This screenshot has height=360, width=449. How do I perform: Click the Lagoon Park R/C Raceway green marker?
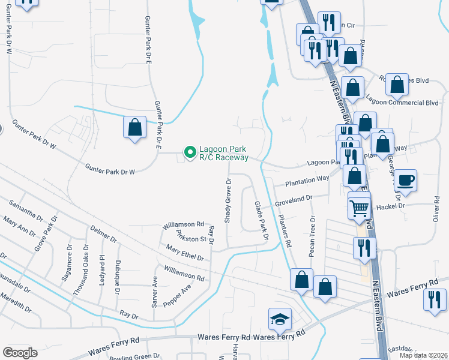[190, 153]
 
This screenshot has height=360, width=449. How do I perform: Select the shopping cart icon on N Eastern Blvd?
[359, 208]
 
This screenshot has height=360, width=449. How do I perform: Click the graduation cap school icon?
[280, 319]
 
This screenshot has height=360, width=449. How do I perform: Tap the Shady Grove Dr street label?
[228, 200]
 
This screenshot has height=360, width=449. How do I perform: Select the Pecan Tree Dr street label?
[312, 236]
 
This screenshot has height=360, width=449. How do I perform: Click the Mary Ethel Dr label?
[185, 253]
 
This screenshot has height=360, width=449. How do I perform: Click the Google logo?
[20, 353]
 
